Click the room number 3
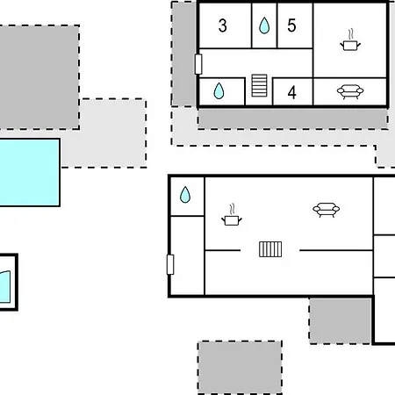[223, 25]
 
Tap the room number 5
[291, 25]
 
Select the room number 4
[291, 93]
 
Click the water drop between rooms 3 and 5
[264, 25]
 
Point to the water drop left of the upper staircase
[219, 90]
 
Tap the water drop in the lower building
[185, 195]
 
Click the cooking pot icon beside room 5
[350, 40]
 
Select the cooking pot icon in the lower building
[232, 215]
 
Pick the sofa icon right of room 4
[350, 92]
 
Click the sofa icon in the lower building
[327, 210]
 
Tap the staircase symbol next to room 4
[259, 85]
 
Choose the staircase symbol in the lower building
[270, 249]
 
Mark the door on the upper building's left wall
[198, 64]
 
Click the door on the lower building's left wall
[170, 264]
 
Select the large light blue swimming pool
[30, 172]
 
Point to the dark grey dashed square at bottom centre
[240, 368]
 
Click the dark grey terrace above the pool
[39, 77]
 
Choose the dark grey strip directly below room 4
[292, 118]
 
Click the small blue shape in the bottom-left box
[5, 287]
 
